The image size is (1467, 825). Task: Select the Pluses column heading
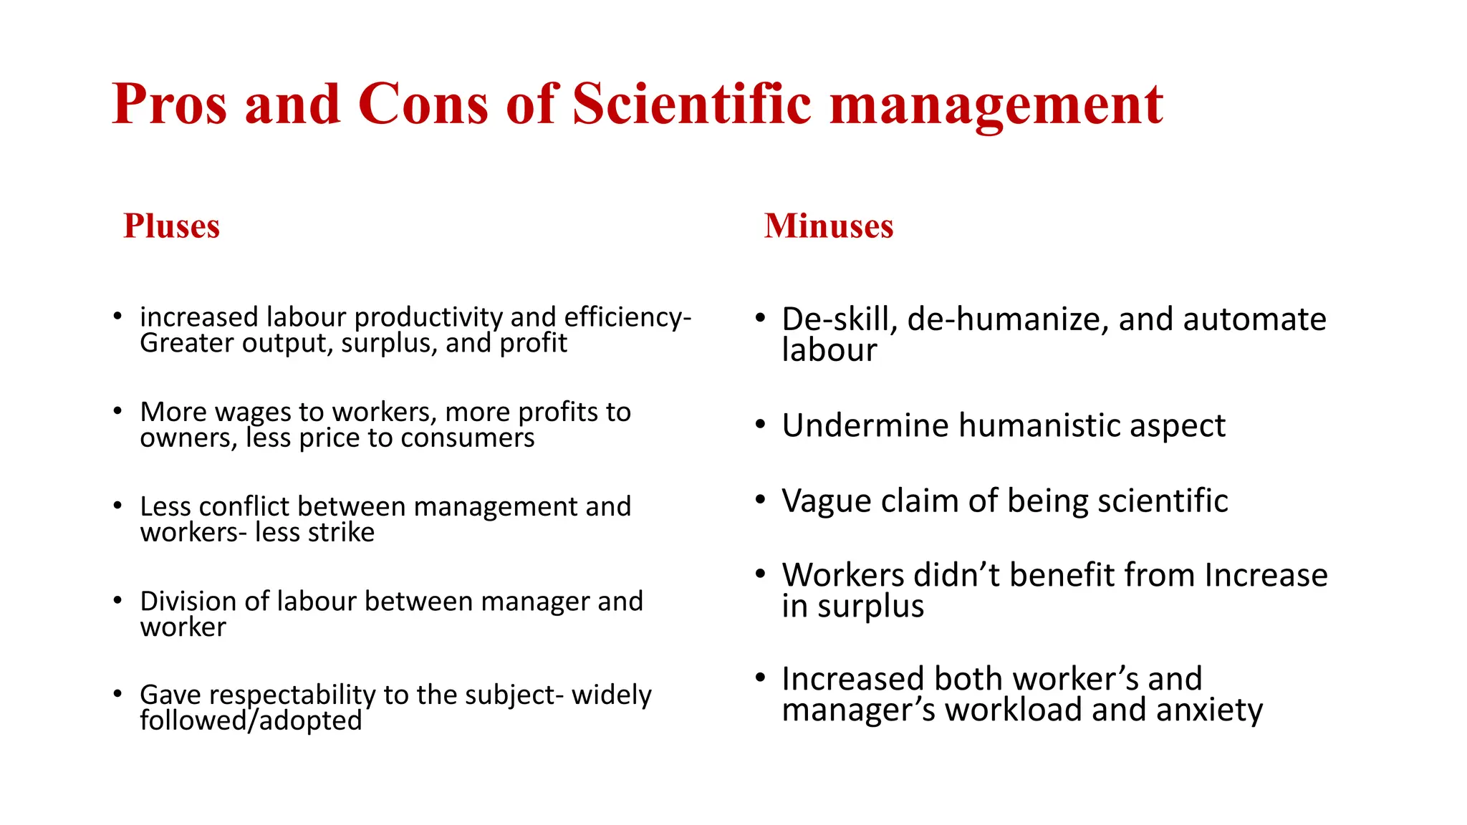point(171,226)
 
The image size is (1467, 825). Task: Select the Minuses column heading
point(829,226)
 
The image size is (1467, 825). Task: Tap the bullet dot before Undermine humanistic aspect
point(761,425)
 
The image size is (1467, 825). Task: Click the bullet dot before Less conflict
point(117,506)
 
